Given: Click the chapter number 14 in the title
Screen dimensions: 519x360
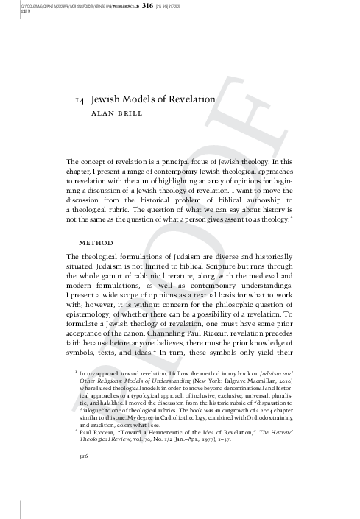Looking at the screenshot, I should coord(81,101).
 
